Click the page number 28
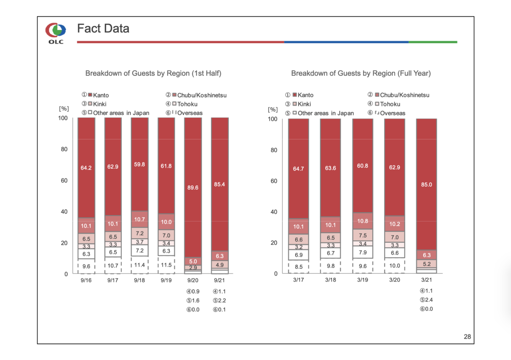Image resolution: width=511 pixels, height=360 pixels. pyautogui.click(x=467, y=337)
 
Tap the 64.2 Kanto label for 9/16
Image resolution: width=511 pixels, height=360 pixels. pyautogui.click(x=86, y=168)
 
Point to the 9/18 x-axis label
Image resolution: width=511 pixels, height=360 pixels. pyautogui.click(x=139, y=280)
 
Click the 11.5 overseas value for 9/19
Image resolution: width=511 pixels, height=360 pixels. pyautogui.click(x=166, y=265)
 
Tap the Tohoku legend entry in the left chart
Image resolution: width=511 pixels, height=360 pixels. pyautogui.click(x=184, y=104)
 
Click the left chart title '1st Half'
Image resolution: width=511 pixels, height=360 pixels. pyautogui.click(x=153, y=73)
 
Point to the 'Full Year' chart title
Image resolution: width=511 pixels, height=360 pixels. pyautogui.click(x=361, y=73)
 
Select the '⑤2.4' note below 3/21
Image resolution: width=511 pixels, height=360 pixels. pyautogui.click(x=426, y=300)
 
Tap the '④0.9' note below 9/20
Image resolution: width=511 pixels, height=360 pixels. pyautogui.click(x=193, y=292)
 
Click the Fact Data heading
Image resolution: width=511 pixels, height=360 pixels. pyautogui.click(x=103, y=29)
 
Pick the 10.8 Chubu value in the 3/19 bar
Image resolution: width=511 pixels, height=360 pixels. pyautogui.click(x=362, y=221)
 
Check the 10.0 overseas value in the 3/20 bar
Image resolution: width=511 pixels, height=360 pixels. pyautogui.click(x=395, y=266)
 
